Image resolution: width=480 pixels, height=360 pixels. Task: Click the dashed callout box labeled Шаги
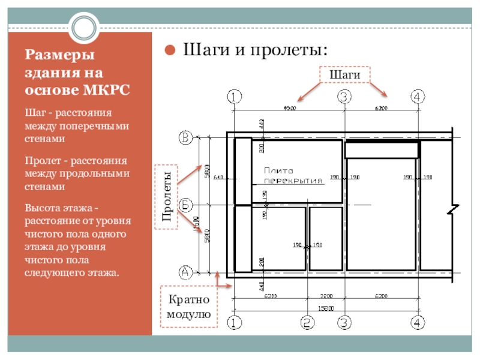(x=344, y=74)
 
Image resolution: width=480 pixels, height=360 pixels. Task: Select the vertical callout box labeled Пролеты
(x=169, y=196)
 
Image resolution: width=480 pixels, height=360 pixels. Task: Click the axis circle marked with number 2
(x=307, y=323)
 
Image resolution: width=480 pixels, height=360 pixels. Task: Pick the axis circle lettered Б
(x=186, y=205)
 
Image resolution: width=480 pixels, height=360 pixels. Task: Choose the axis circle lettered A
(x=186, y=272)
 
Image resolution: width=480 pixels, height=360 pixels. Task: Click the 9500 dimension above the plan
(x=290, y=108)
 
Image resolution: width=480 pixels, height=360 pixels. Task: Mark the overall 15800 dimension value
(x=325, y=308)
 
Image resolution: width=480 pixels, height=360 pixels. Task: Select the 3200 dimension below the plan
(x=326, y=296)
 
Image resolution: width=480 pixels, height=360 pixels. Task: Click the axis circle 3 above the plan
(x=344, y=96)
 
